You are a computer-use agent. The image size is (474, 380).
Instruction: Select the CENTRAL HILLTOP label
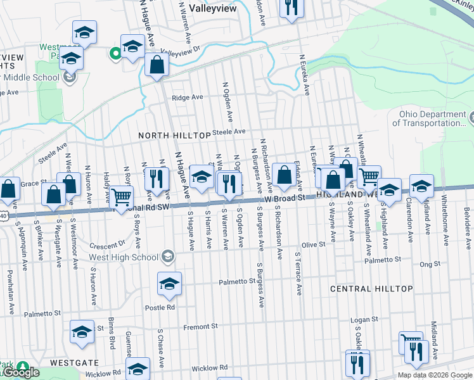tap(371, 289)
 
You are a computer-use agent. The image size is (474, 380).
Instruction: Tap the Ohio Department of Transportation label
tap(431, 119)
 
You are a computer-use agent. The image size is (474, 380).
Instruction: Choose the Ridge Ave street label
tap(188, 98)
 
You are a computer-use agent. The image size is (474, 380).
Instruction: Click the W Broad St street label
tap(285, 198)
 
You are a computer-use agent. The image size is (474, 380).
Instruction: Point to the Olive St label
tap(313, 244)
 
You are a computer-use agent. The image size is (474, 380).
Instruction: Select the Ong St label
tap(430, 264)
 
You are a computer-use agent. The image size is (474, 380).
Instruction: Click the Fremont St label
tap(200, 327)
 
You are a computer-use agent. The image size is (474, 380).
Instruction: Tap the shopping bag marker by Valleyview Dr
tap(156, 64)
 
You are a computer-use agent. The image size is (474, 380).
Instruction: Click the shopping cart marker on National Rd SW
tap(121, 196)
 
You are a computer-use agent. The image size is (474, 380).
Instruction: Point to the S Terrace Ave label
tap(297, 272)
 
